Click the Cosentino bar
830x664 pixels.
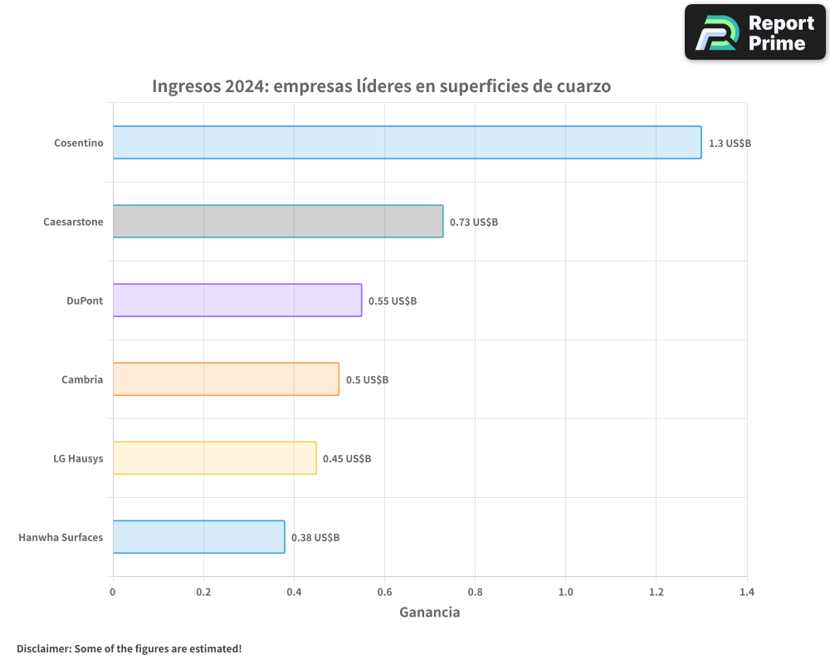pos(407,143)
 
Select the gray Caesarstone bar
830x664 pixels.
pos(278,222)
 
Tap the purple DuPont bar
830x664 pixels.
pos(237,300)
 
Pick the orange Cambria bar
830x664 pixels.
pos(226,379)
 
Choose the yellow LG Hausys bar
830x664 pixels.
pos(214,458)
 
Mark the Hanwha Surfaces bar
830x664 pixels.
pos(198,537)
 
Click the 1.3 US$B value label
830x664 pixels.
pos(730,144)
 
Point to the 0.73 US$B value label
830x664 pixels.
pos(474,222)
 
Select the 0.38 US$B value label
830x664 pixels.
pos(315,538)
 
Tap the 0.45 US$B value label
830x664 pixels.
pos(347,459)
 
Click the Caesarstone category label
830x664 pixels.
pos(73,222)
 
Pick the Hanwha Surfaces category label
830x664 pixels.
pos(61,537)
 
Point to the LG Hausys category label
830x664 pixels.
pos(78,458)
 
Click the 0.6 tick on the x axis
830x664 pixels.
pos(384,592)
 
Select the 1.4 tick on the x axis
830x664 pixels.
pos(747,592)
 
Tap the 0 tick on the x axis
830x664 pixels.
pos(113,592)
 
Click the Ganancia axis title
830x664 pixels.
pos(429,613)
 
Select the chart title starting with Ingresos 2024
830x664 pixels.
pos(381,86)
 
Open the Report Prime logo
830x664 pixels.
pos(755,32)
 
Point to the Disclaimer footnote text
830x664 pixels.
pos(129,648)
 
